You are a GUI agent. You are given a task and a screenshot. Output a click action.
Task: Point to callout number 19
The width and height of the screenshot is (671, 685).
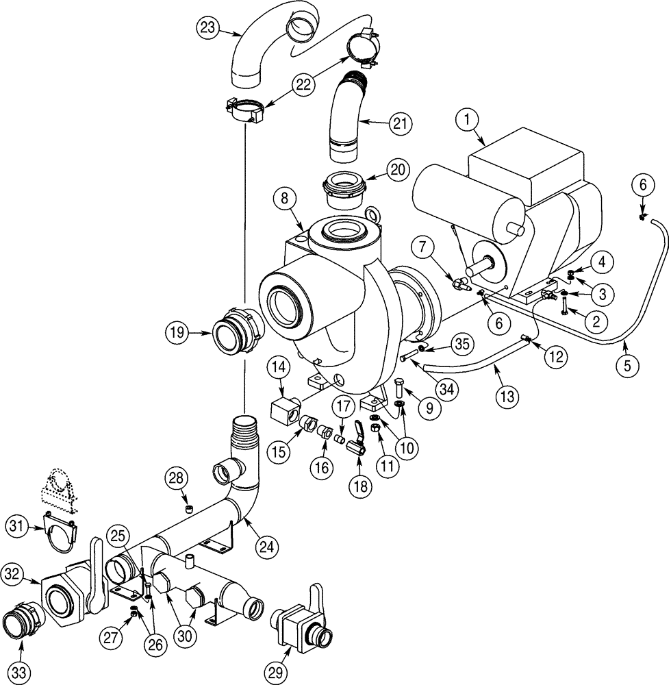(x=177, y=333)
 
